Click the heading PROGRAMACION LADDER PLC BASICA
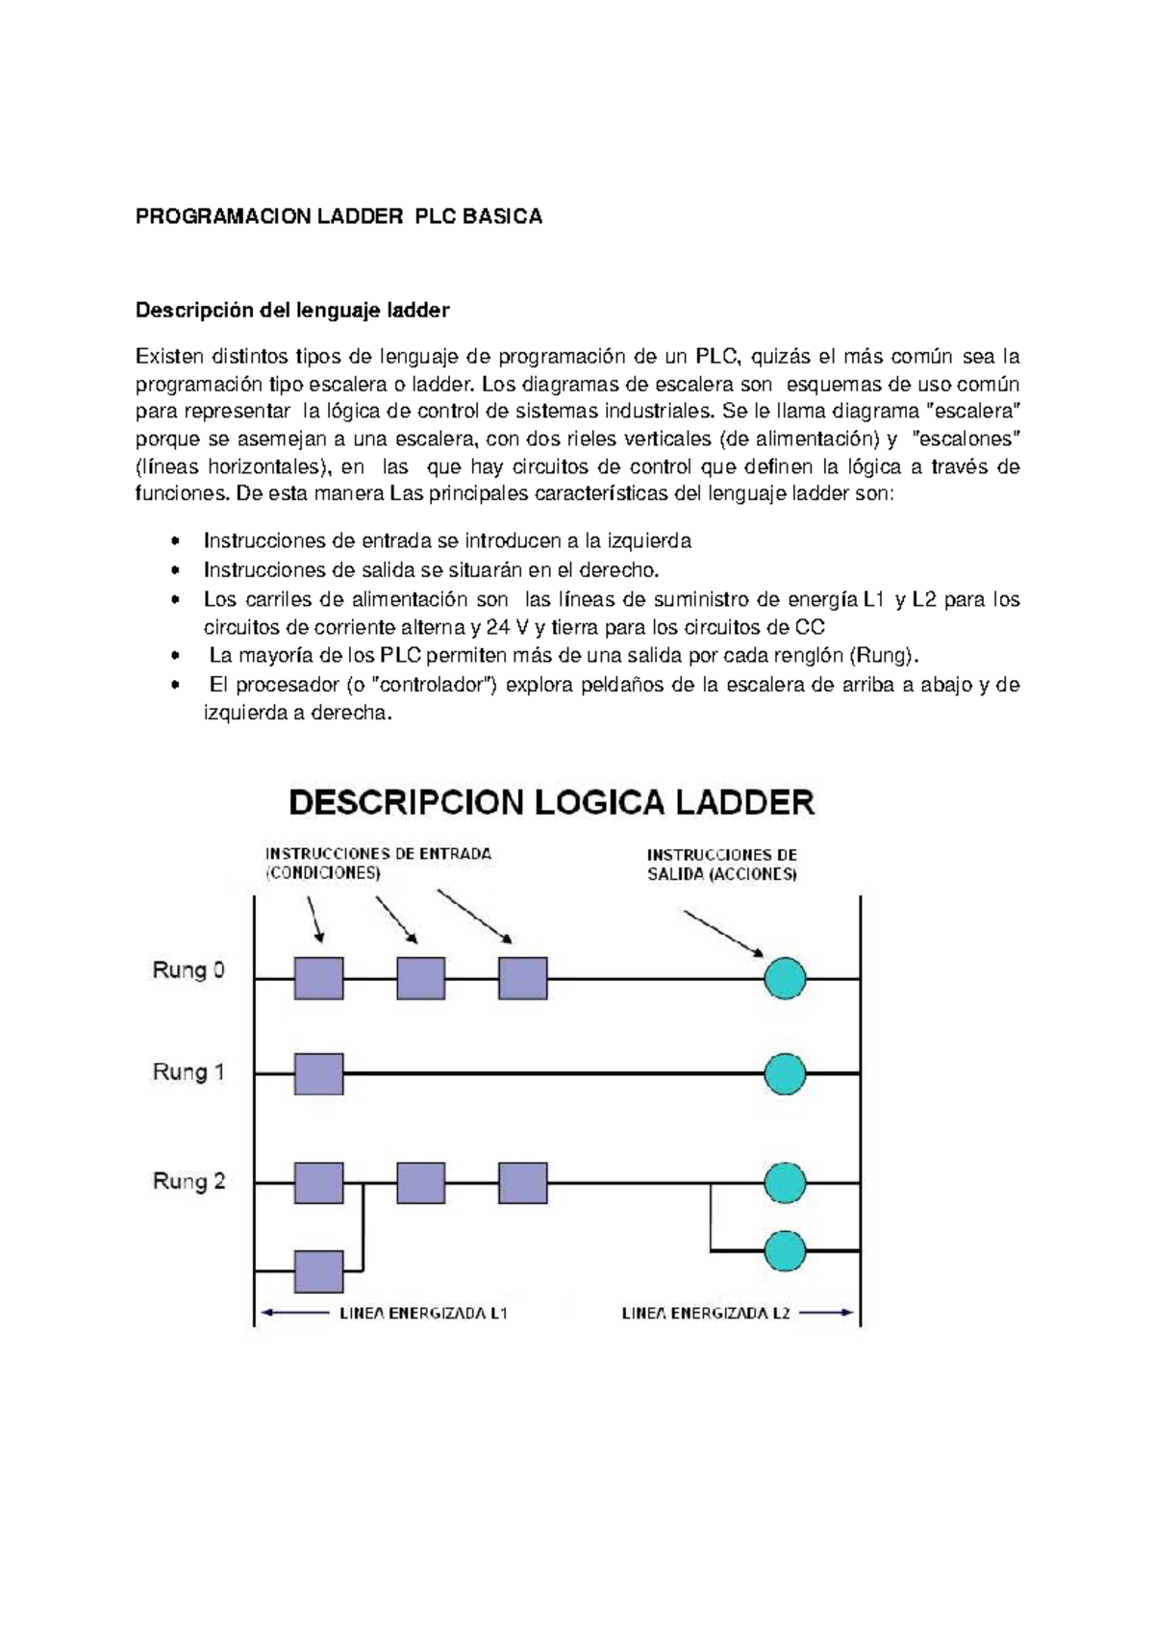tap(339, 216)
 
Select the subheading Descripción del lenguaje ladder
tap(292, 311)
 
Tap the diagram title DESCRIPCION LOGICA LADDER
tap(552, 802)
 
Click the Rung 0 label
tap(188, 970)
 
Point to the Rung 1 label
tap(188, 1071)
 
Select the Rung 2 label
tap(188, 1181)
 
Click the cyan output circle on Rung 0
tap(785, 979)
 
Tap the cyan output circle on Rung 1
tap(785, 1073)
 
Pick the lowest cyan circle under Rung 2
tap(785, 1250)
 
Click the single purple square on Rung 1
tap(318, 1073)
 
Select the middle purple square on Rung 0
tap(421, 979)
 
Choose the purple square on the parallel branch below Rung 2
tap(318, 1271)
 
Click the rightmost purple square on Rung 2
tap(523, 1183)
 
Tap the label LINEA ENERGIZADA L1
tap(423, 1314)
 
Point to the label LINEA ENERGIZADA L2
tap(706, 1314)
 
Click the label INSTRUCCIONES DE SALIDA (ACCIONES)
tap(722, 865)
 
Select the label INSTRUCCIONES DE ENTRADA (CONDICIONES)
tap(378, 864)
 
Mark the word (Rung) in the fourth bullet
tap(884, 656)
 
